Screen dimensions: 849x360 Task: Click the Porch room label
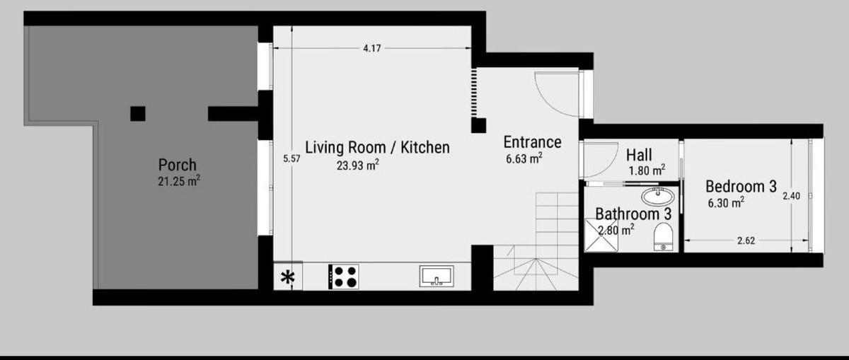(x=178, y=165)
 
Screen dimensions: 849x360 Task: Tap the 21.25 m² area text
(x=179, y=181)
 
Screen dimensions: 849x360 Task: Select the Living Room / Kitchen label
(x=378, y=147)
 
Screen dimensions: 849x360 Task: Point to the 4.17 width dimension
(x=372, y=49)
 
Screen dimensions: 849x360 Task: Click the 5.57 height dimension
(x=291, y=158)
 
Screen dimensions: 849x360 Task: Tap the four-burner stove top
(x=343, y=277)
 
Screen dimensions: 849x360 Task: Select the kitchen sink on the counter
(x=437, y=277)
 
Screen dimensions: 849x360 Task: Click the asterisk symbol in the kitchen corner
(x=288, y=277)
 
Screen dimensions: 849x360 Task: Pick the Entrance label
(x=532, y=142)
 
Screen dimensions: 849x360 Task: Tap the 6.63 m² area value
(x=524, y=158)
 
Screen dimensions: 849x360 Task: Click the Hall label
(x=639, y=155)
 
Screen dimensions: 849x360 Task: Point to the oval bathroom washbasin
(x=658, y=197)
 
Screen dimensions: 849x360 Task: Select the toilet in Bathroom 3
(x=664, y=236)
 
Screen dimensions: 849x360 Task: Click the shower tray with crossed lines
(x=601, y=235)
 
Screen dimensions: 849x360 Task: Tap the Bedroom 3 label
(x=741, y=187)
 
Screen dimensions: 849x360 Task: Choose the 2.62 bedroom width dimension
(x=746, y=240)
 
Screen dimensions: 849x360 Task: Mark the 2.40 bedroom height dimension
(x=792, y=196)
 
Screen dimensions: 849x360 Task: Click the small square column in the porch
(x=138, y=114)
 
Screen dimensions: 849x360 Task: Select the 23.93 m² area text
(x=358, y=166)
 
